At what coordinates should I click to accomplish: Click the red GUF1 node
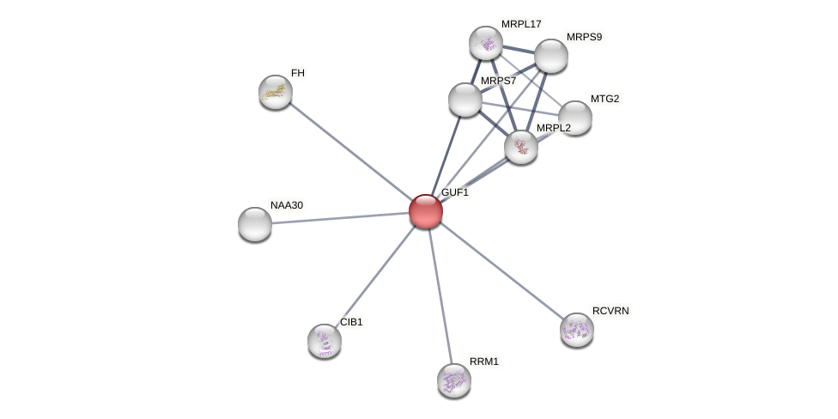[426, 211]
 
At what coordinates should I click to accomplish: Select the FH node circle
[276, 92]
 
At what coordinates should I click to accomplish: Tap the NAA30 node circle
[255, 224]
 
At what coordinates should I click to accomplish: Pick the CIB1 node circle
[325, 341]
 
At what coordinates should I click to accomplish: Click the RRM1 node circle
[454, 380]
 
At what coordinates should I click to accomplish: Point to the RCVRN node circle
[577, 330]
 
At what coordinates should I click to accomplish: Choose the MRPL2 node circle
[521, 147]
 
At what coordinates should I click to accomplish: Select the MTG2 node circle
[575, 118]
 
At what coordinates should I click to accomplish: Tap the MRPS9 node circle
[551, 56]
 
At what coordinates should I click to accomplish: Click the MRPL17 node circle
[486, 43]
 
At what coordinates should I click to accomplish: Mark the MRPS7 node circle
[465, 100]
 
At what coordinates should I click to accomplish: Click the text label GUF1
[455, 192]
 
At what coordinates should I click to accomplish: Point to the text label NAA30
[287, 205]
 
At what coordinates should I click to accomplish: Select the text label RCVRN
[610, 311]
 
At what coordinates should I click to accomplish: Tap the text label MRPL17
[521, 24]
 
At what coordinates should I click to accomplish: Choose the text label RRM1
[484, 361]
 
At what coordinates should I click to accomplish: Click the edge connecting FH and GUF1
[350, 151]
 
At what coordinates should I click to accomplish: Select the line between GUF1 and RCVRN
[501, 270]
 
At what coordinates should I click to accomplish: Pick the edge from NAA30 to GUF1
[340, 218]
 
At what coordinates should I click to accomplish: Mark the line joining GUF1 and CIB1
[375, 276]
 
